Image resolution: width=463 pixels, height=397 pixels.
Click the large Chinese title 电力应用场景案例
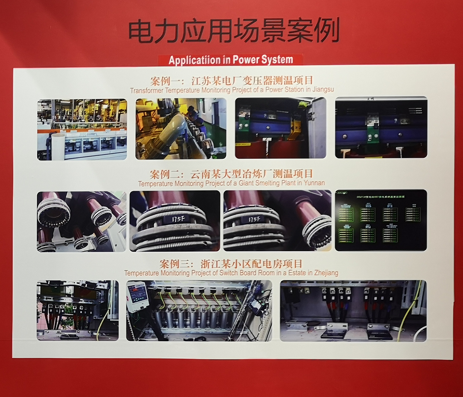(x=234, y=31)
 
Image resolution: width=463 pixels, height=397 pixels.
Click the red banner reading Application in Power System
(x=231, y=60)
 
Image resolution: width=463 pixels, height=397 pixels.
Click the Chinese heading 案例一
(x=163, y=80)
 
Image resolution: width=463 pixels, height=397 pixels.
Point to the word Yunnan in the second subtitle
(x=314, y=183)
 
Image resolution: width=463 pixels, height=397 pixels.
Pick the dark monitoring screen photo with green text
(x=380, y=220)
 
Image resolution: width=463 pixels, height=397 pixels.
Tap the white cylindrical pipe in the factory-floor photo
(x=58, y=146)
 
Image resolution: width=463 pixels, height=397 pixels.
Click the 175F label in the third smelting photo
(x=253, y=219)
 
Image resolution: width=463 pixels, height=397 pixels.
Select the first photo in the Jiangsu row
(x=82, y=129)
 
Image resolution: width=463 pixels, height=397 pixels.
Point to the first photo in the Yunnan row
(x=81, y=221)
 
